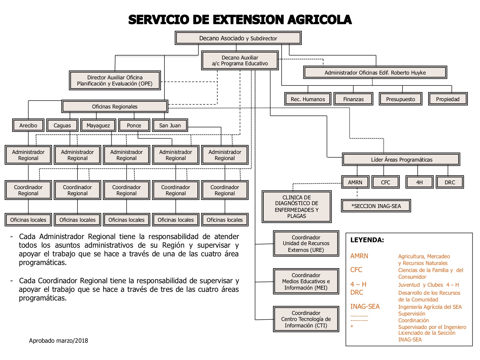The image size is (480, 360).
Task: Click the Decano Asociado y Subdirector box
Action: click(238, 38)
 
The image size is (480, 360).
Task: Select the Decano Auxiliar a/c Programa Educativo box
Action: click(240, 60)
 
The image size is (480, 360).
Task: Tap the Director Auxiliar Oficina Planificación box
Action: click(115, 80)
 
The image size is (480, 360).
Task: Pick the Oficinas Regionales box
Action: click(115, 107)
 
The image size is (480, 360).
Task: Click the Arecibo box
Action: click(28, 125)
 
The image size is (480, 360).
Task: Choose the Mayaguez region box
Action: click(98, 125)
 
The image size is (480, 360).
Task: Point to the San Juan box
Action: click(170, 125)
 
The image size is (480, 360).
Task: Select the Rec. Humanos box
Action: click(308, 99)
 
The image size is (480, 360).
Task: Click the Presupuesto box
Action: click(400, 99)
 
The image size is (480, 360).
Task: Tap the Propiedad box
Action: click(448, 99)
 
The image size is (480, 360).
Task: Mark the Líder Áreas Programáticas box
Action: click(401, 159)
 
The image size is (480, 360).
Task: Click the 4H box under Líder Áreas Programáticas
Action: click(419, 182)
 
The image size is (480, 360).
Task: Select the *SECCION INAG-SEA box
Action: click(376, 206)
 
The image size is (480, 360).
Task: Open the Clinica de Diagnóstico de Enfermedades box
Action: click(297, 206)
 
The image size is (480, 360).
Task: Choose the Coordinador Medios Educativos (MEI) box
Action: click(306, 281)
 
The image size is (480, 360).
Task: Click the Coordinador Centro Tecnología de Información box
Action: click(306, 319)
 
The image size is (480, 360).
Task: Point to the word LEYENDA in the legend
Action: click(367, 240)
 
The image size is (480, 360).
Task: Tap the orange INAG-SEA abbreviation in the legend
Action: click(365, 307)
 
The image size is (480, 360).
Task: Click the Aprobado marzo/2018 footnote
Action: click(58, 340)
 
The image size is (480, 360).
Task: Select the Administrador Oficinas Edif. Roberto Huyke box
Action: click(375, 72)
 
